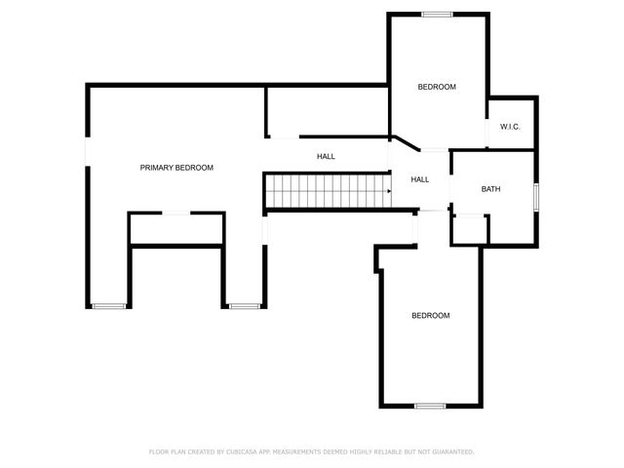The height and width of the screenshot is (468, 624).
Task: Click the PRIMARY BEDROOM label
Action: coord(176,168)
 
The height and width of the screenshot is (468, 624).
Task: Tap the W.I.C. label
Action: coord(510,128)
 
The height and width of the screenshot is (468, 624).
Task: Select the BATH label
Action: coord(491,189)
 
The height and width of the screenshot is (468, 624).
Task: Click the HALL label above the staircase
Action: coord(326,156)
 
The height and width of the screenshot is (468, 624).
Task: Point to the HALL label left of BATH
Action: coord(420,179)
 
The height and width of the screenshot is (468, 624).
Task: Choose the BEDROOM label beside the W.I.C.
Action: coord(437,88)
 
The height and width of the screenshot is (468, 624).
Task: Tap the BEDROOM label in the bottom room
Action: coord(430,315)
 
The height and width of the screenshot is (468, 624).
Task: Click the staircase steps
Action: coord(327,191)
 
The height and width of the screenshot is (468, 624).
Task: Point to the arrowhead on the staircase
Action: coord(388,191)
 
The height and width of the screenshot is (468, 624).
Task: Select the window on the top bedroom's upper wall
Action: coord(437,14)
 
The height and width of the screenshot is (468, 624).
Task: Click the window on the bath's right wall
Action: coord(536,196)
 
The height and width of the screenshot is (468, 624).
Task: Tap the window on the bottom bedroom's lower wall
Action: coord(430,406)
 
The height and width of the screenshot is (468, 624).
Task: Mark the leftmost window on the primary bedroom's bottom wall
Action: coord(110,306)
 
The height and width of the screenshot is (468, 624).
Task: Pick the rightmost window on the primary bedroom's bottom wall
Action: coord(245,306)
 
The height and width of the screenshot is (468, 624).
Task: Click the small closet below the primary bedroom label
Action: coord(176,229)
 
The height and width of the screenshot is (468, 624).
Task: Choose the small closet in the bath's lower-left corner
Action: coord(469,228)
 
